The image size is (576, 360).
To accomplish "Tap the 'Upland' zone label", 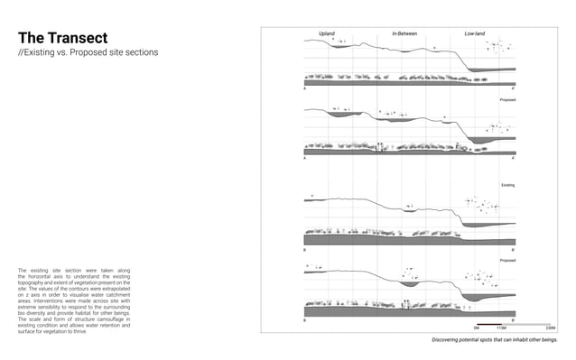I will coord(327,33).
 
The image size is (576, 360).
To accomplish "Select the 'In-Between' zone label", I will coord(404,33).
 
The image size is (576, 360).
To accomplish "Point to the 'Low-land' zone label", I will coord(475,33).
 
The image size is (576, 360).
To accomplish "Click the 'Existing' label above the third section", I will coord(507,185).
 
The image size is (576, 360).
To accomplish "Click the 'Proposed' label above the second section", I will coord(507,99).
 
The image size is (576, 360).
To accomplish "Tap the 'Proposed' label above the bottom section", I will coord(507,260).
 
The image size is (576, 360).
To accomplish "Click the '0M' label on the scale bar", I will coord(476,328).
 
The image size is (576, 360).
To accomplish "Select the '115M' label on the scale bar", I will coord(513,328).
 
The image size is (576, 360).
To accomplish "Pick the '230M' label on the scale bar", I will coord(550,328).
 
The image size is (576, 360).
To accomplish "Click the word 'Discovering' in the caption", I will coord(446,340).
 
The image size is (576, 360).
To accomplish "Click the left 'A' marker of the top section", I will coord(305,90).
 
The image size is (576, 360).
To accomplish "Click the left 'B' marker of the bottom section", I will coord(305,320).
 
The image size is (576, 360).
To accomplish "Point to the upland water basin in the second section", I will coord(341,115).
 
